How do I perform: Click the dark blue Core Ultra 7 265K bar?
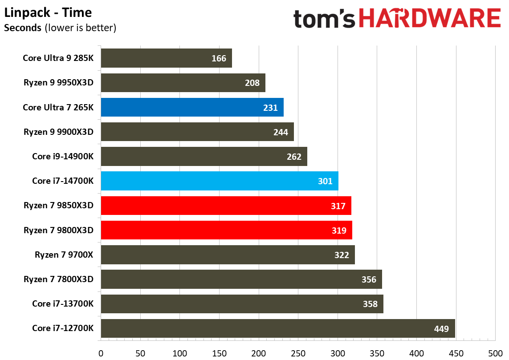[x=192, y=107]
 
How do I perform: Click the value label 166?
[x=219, y=58]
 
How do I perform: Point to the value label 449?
[x=442, y=329]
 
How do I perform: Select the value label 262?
[x=294, y=157]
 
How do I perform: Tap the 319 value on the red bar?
[x=339, y=231]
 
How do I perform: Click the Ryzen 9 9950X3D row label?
[x=59, y=83]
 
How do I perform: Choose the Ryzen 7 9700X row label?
[x=64, y=255]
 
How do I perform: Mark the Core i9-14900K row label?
[x=63, y=156]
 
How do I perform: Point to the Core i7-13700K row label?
[x=63, y=304]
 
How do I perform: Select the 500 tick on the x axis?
[x=495, y=354]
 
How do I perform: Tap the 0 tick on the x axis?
[x=101, y=354]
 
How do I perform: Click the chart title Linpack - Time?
[x=48, y=12]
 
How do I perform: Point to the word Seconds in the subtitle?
[x=23, y=28]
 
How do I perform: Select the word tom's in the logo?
[x=324, y=19]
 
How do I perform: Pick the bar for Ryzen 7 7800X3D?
[x=241, y=279]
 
